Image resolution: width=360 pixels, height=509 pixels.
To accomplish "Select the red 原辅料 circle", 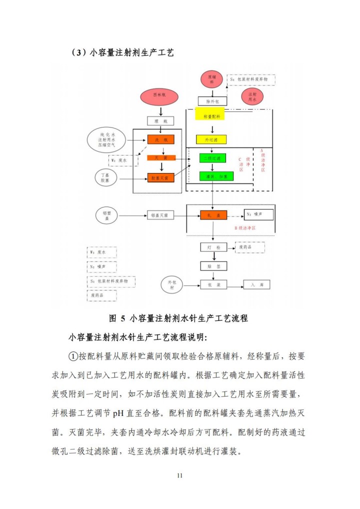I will point(211,80).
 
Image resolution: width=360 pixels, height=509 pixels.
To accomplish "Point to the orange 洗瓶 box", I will point(160,140).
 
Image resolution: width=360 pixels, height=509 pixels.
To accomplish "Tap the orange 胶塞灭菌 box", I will point(160,177).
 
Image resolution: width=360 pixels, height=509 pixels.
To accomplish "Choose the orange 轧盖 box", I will point(213,215).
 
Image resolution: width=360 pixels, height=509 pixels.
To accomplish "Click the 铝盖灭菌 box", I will point(160,215).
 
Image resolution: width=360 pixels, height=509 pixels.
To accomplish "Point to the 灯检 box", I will point(213,247).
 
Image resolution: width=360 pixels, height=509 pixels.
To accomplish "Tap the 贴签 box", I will point(213,266).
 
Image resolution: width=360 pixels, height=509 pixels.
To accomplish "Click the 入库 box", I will point(257,284).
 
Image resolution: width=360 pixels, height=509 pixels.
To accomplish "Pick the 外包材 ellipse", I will point(172,285).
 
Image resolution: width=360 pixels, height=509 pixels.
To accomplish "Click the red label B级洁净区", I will point(245,228).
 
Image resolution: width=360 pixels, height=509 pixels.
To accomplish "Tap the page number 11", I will point(180,475).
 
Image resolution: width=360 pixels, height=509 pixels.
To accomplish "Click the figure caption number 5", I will point(122,318).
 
